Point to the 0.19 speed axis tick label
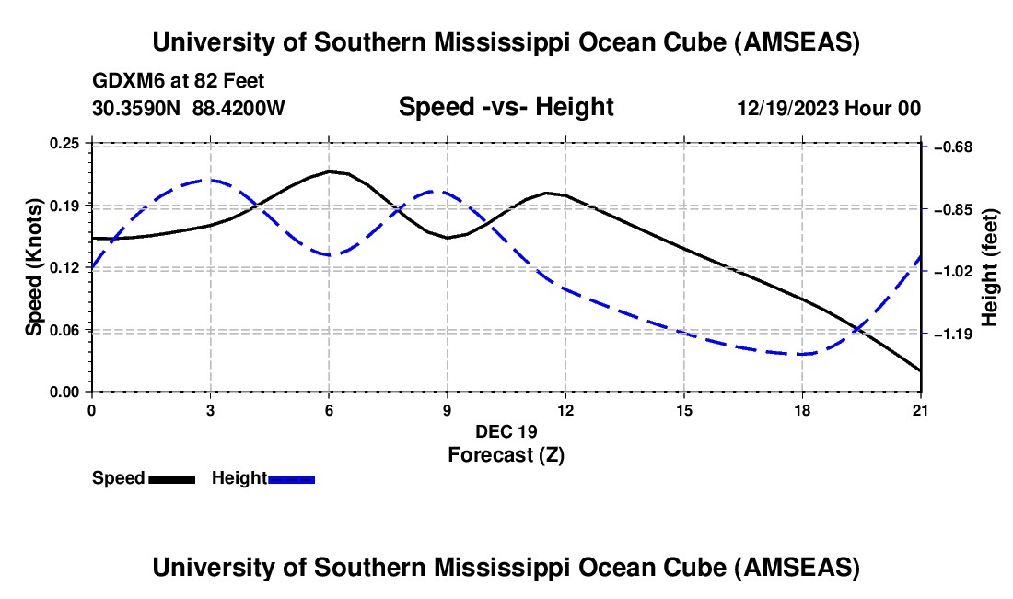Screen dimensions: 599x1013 coord(65,205)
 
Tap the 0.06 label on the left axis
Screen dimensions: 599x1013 coord(65,330)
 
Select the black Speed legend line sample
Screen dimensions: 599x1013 coord(171,479)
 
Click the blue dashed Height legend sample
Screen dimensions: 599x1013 coord(291,479)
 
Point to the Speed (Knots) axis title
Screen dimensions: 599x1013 coord(33,267)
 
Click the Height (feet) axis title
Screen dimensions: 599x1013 coord(990,267)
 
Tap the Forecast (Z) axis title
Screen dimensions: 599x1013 coord(506,454)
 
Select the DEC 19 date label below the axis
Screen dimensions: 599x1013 coord(506,431)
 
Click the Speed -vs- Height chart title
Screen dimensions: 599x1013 coord(506,108)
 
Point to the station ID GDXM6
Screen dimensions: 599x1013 coord(122,81)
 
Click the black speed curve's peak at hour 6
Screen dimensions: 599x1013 coord(329,170)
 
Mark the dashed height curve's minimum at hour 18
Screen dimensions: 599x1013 coord(802,354)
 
